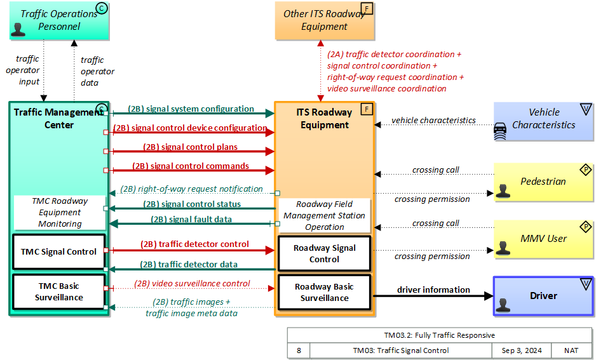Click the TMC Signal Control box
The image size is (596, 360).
[59, 251]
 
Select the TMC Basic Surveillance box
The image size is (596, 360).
[59, 291]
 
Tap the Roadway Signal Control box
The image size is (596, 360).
[324, 253]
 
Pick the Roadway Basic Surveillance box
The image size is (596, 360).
[324, 292]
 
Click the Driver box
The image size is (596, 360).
[543, 296]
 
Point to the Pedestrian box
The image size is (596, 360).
[543, 182]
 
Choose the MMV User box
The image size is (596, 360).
[543, 239]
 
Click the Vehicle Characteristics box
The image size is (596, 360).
[543, 119]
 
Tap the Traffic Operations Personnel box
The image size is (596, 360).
[59, 20]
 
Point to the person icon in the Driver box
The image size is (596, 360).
[504, 305]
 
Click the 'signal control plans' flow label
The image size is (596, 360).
[190, 147]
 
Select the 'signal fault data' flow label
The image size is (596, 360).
[191, 220]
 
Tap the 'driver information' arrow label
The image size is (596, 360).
[433, 290]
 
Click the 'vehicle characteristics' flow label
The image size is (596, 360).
[433, 120]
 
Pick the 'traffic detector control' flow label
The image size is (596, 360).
[194, 244]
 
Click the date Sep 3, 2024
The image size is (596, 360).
[517, 350]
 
